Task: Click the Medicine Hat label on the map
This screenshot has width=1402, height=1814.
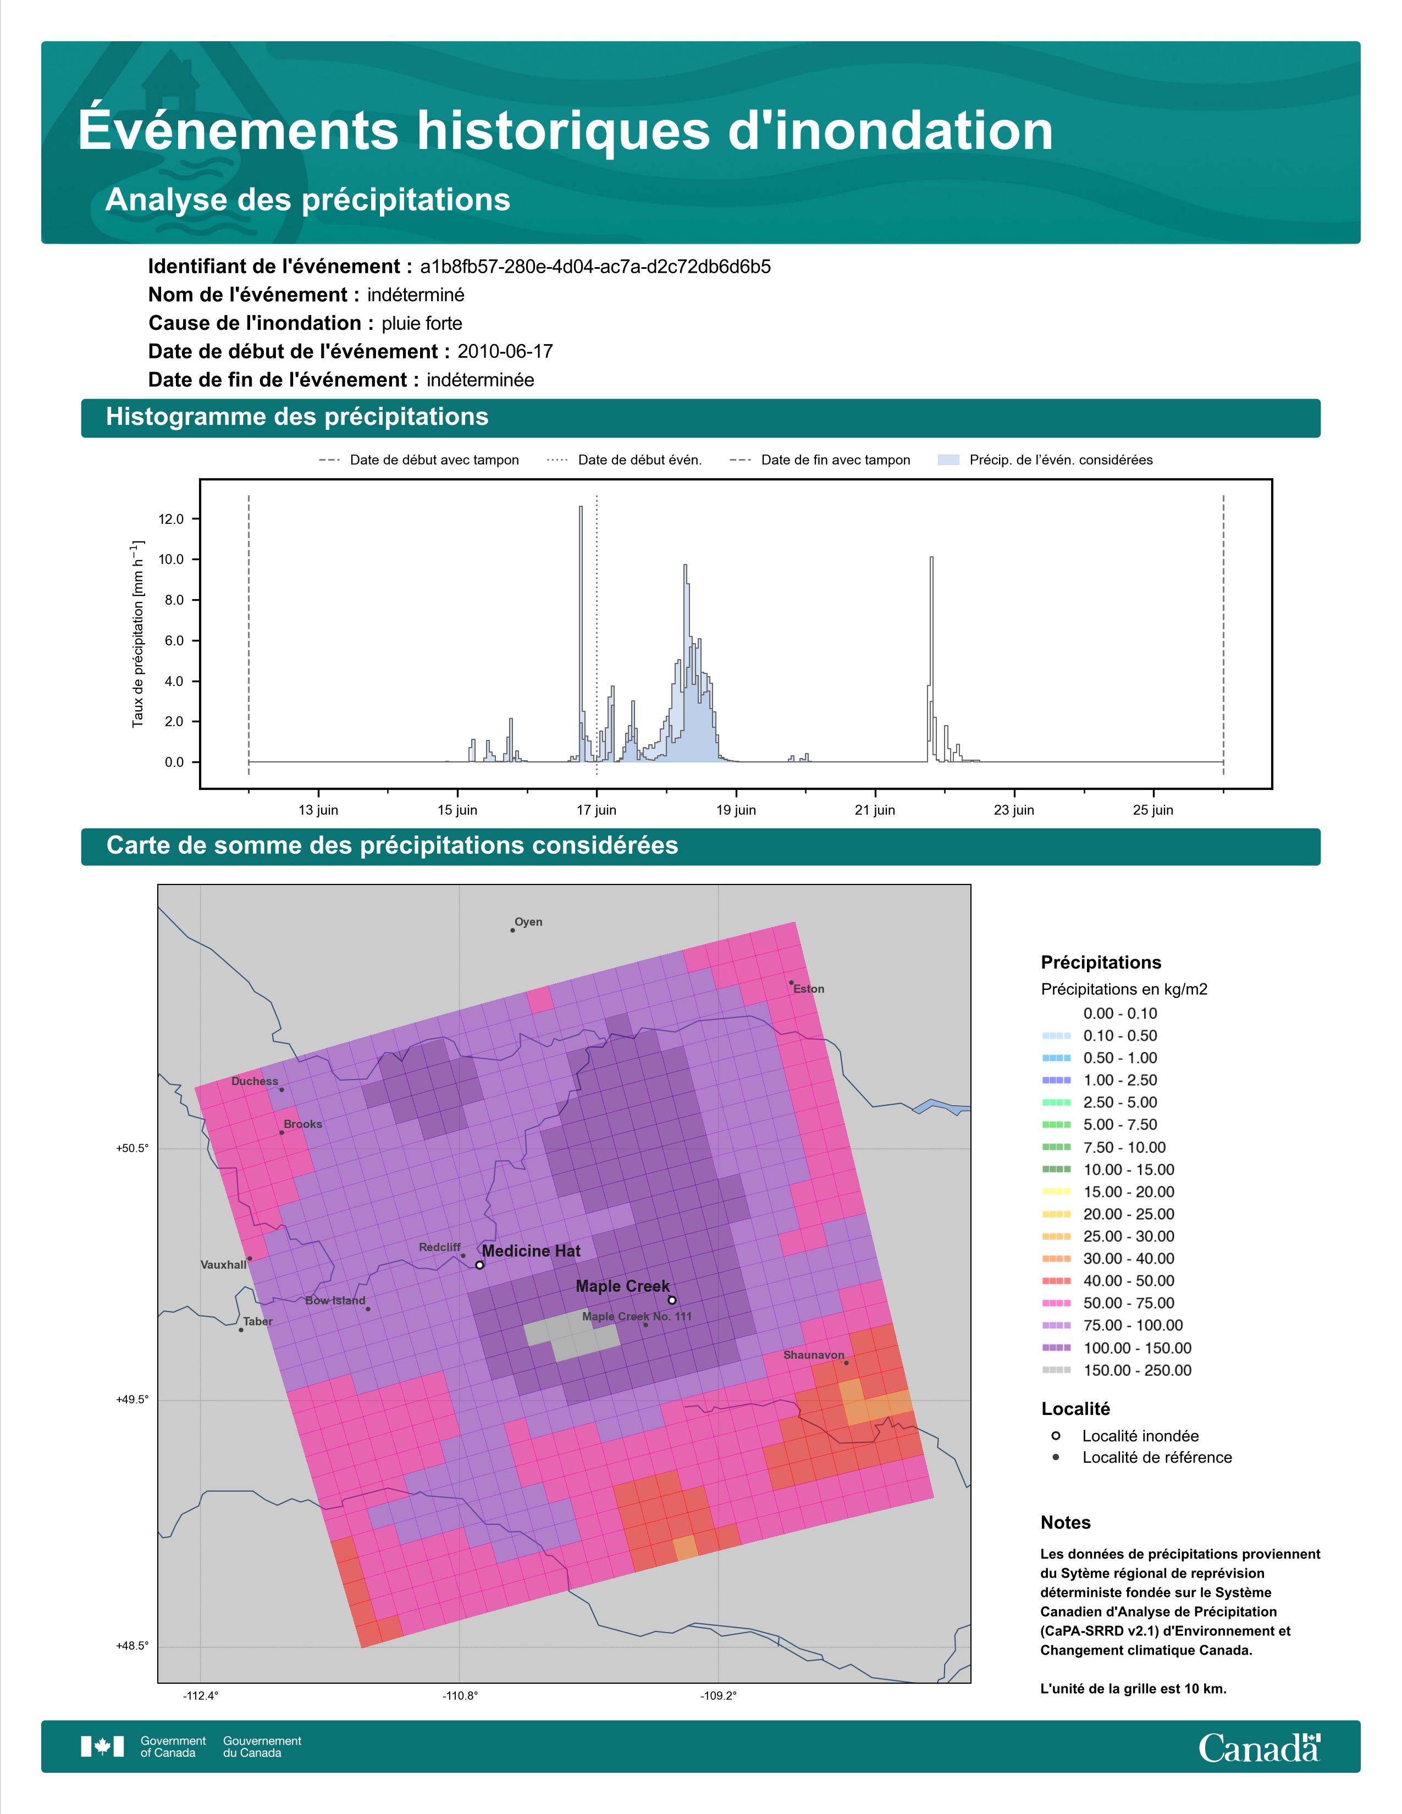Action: pyautogui.click(x=532, y=1251)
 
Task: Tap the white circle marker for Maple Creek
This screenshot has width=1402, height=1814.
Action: pyautogui.click(x=672, y=1300)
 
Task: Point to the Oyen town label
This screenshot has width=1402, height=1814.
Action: pyautogui.click(x=528, y=922)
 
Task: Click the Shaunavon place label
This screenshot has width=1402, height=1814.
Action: pyautogui.click(x=814, y=1354)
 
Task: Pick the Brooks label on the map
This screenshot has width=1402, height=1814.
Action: pyautogui.click(x=302, y=1124)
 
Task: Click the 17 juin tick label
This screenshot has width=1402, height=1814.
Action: pyautogui.click(x=597, y=810)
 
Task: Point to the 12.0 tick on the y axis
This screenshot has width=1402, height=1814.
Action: pyautogui.click(x=171, y=519)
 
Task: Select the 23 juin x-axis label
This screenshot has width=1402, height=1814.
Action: pyautogui.click(x=1014, y=810)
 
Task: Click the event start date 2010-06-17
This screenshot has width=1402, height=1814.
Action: pyautogui.click(x=505, y=351)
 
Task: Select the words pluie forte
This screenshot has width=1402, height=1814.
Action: pyautogui.click(x=422, y=323)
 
